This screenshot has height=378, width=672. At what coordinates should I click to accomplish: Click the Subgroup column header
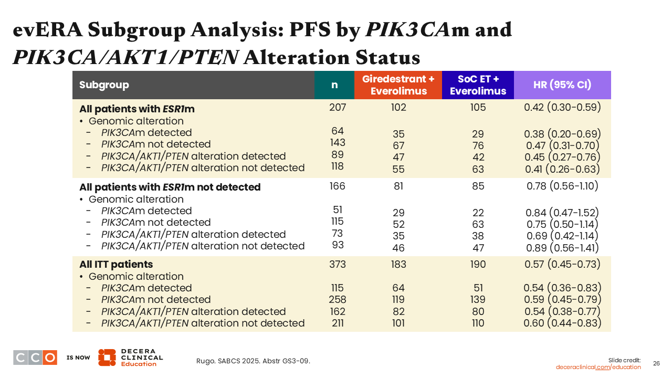(104, 85)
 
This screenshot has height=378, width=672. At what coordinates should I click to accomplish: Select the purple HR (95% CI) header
(562, 85)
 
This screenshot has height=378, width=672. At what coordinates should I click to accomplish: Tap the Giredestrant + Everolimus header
(398, 85)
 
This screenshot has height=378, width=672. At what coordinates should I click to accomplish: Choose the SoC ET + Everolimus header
(478, 85)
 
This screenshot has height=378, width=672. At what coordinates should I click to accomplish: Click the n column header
(334, 85)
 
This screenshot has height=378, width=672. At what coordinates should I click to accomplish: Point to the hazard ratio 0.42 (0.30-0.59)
(562, 108)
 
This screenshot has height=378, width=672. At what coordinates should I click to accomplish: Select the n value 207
(338, 108)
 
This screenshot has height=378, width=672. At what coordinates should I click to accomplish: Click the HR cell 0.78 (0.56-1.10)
(562, 186)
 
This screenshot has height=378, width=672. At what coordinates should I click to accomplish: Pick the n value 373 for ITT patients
(338, 264)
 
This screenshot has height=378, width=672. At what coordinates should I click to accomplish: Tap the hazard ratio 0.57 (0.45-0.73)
(562, 264)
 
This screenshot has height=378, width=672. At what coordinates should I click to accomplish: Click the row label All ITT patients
(116, 264)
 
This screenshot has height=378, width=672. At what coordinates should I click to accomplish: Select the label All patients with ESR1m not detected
(170, 187)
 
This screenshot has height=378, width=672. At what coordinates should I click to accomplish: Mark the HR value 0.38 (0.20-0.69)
(562, 134)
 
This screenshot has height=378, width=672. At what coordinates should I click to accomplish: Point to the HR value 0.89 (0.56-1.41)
(562, 248)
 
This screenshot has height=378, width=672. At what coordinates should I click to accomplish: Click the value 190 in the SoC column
(478, 264)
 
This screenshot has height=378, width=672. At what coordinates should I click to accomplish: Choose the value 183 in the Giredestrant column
(398, 264)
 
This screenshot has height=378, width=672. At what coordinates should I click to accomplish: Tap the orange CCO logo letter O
(50, 358)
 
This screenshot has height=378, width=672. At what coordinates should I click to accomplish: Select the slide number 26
(656, 363)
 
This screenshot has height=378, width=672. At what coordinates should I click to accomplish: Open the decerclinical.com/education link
(598, 367)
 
